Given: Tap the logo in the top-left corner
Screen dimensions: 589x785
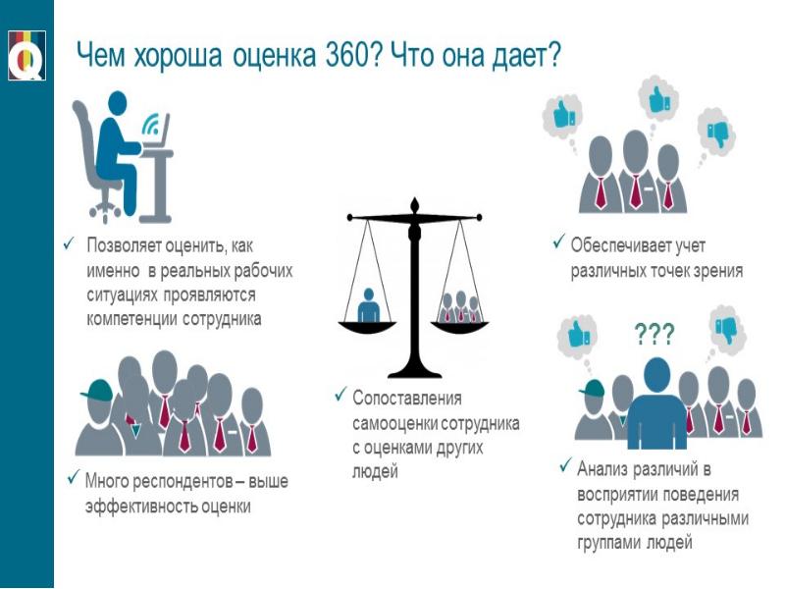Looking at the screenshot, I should click(26, 55).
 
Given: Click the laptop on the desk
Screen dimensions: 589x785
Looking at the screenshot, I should click(158, 133).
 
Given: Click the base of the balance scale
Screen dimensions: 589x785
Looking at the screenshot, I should click(414, 372).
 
